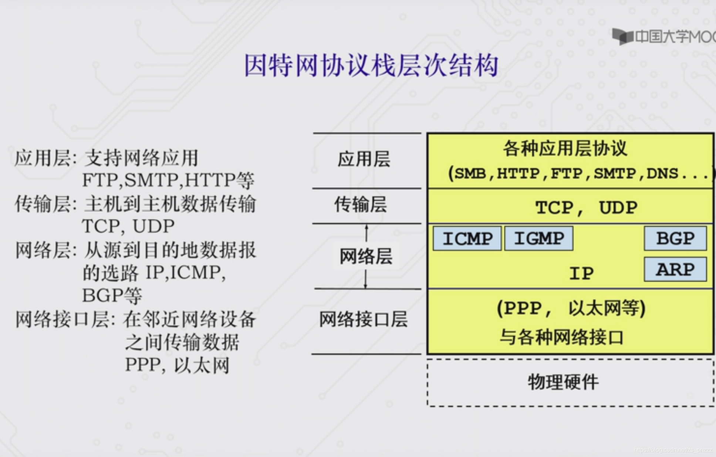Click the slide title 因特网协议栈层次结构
pos(371,66)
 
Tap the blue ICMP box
pos(467,239)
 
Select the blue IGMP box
pos(539,239)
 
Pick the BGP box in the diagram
pos(675,239)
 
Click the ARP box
pos(675,269)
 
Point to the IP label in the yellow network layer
pos(581,273)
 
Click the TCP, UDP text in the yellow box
pos(586,208)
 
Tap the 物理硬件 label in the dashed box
pos(563,382)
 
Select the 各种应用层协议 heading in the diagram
pos(565,149)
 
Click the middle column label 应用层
pos(364,159)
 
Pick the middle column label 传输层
pos(361,204)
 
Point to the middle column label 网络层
pos(366,256)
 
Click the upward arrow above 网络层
pos(367,233)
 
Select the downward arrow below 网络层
pos(365,280)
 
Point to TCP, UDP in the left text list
pos(128,226)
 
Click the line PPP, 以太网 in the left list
pos(177,365)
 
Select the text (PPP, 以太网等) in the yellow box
pos(571,308)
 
